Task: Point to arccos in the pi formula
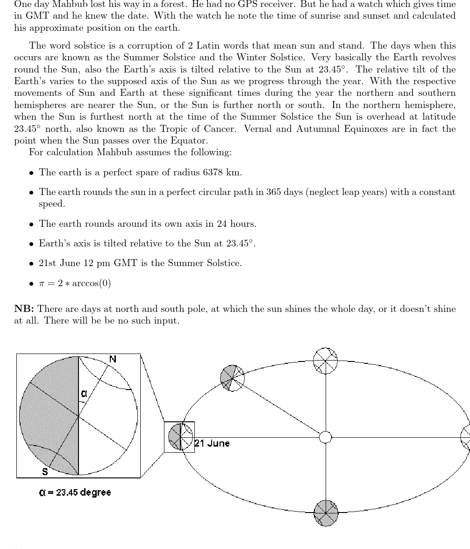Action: pyautogui.click(x=87, y=284)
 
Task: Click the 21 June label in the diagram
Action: pyautogui.click(x=213, y=443)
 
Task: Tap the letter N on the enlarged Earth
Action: pyautogui.click(x=113, y=359)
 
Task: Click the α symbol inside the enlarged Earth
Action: pyautogui.click(x=84, y=394)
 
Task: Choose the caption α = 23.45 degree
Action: pyautogui.click(x=75, y=492)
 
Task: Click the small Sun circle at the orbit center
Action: pyautogui.click(x=326, y=437)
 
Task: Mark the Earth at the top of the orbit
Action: pyautogui.click(x=325, y=361)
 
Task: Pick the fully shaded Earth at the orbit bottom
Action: pyautogui.click(x=326, y=513)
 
